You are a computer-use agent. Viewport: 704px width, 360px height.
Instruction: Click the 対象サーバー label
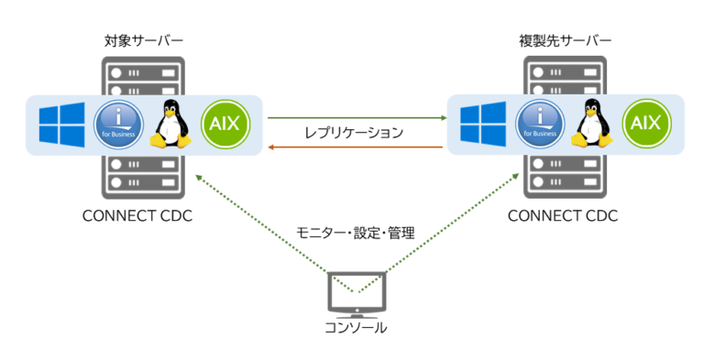[143, 41]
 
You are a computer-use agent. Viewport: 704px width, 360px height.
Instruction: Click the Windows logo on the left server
[62, 125]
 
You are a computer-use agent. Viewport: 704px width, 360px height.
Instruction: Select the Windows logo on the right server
[483, 125]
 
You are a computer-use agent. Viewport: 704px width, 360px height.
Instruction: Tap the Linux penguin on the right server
[591, 125]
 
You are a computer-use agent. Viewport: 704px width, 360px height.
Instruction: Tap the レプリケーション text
[354, 132]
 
